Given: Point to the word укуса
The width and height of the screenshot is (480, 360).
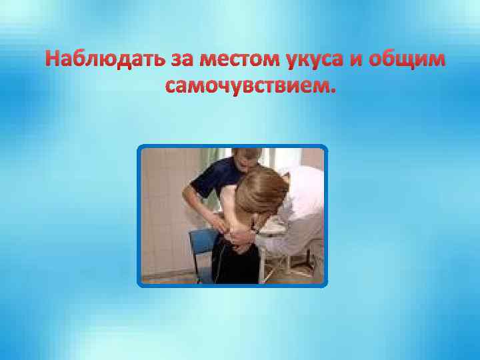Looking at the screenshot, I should [x=317, y=61].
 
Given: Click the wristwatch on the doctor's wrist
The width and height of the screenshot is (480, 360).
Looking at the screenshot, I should [x=255, y=231].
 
